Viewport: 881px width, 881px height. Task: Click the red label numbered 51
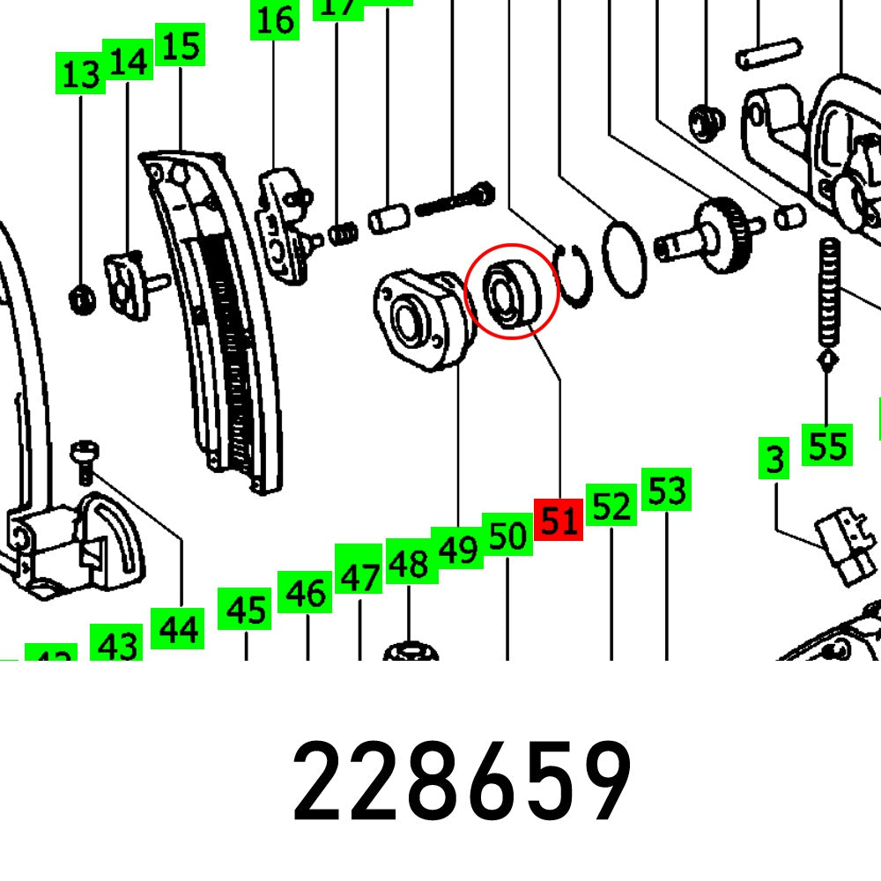(x=559, y=522)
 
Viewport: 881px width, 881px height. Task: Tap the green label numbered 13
(x=81, y=73)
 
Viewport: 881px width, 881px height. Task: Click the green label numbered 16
(x=276, y=19)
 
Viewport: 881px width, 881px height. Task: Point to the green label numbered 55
(x=826, y=445)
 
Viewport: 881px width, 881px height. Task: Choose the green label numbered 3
(x=774, y=460)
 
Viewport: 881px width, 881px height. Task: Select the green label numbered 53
(x=666, y=490)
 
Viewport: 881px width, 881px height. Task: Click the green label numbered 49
(x=457, y=549)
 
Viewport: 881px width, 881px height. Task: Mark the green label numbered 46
(x=306, y=593)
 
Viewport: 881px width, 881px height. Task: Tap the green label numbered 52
(x=611, y=506)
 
